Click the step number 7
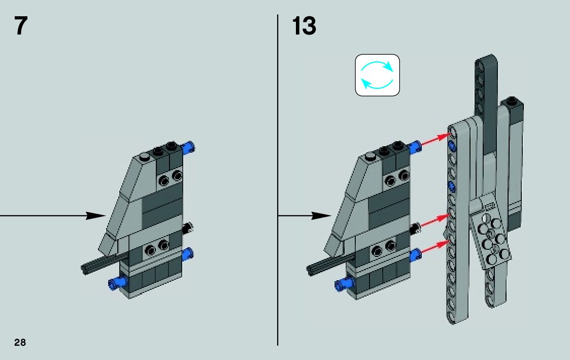20,26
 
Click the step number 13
304,26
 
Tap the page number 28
20,342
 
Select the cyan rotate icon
377,75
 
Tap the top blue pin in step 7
190,148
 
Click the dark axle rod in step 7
102,264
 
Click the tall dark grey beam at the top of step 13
485,86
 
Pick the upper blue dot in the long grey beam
451,148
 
